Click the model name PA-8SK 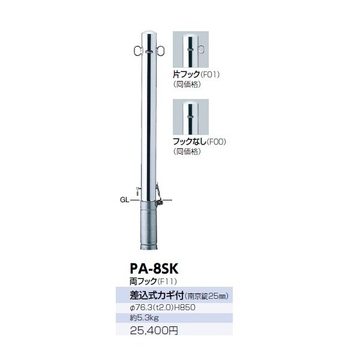[154, 269]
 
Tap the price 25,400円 [154, 331]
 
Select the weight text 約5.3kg [145, 318]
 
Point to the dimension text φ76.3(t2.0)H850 [163, 307]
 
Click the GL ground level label [125, 200]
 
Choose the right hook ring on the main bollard [160, 51]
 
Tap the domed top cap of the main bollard [149, 35]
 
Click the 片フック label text [187, 74]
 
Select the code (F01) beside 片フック [210, 74]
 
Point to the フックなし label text [190, 142]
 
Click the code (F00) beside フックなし [217, 142]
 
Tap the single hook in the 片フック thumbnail [201, 50]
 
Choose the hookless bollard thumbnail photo [191, 117]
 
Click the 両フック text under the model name [143, 281]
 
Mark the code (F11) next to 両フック [167, 281]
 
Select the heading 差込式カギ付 [157, 296]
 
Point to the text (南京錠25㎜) [206, 296]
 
